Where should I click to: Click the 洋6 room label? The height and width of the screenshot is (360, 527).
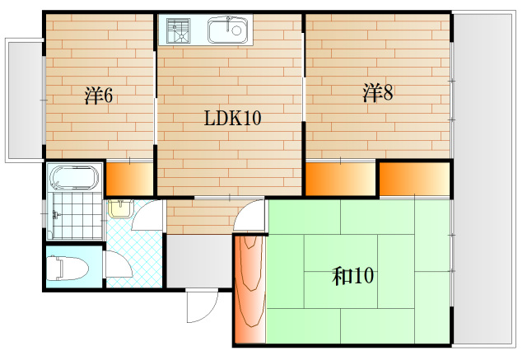(98, 96)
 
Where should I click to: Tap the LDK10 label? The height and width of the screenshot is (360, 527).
(232, 119)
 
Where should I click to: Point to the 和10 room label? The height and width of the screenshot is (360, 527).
(352, 276)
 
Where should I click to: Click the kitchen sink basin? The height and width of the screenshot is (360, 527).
(228, 32)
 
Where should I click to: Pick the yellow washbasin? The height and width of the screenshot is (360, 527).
(119, 207)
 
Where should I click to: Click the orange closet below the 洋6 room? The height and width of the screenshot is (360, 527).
(128, 179)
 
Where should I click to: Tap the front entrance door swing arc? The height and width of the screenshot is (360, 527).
(200, 309)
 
